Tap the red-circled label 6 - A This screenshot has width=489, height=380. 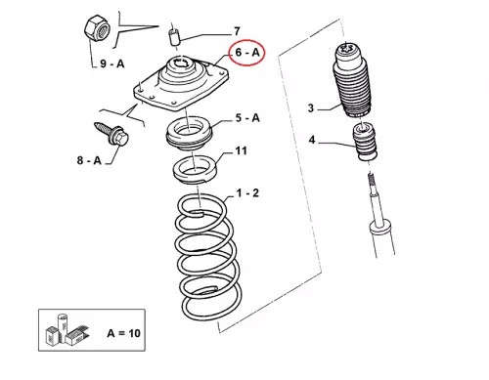click(247, 52)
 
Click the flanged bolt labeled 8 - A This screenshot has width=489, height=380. click(111, 134)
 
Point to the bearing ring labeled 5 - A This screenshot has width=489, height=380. click(189, 133)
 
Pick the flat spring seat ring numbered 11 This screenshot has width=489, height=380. click(195, 170)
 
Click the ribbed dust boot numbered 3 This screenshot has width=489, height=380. click(352, 81)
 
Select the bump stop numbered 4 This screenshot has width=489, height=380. click(365, 141)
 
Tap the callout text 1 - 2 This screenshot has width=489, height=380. click(247, 193)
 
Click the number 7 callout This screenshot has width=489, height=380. click(237, 31)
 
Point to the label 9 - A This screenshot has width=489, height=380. click(112, 63)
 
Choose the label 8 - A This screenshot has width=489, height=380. click(89, 160)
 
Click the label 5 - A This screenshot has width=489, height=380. click(247, 117)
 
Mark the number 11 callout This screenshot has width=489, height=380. click(241, 150)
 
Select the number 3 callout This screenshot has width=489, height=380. click(311, 107)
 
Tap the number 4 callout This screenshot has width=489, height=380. click(312, 140)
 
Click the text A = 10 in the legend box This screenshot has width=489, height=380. click(123, 333)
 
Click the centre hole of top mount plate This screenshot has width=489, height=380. click(183, 63)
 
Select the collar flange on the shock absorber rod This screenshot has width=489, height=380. click(379, 226)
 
